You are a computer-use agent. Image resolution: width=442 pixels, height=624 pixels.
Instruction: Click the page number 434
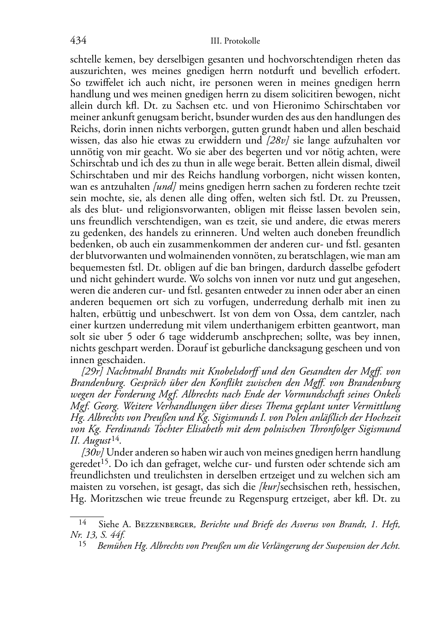(78, 40)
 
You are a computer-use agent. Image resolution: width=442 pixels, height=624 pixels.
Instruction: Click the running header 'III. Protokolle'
(235, 41)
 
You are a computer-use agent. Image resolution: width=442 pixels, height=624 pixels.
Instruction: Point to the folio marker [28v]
(278, 140)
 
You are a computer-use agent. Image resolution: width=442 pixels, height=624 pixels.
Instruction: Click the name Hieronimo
(291, 106)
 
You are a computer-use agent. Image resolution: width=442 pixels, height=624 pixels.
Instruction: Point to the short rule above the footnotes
(87, 516)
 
